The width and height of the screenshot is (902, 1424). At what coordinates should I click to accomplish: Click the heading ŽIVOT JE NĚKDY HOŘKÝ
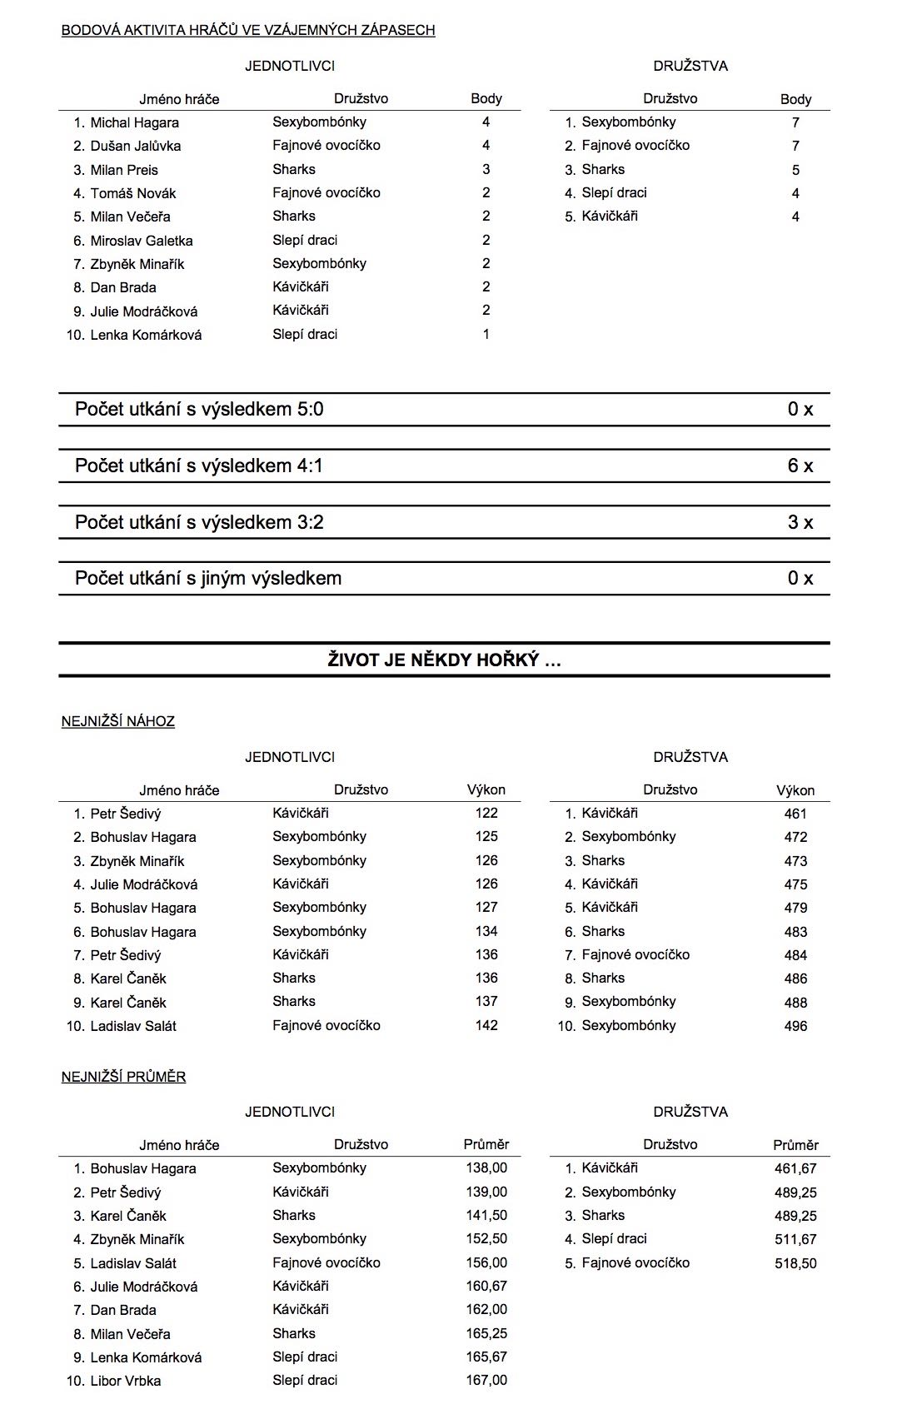444,660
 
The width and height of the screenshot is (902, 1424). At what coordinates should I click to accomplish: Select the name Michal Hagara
134,122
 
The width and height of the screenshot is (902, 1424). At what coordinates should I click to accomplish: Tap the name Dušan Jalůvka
135,146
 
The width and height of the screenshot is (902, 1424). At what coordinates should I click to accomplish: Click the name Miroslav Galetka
142,241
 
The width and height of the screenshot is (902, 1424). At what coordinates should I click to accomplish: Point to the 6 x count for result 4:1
800,466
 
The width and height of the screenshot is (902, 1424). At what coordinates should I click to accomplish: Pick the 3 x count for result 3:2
800,522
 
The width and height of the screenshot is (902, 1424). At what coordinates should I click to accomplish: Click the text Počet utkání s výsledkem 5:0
199,409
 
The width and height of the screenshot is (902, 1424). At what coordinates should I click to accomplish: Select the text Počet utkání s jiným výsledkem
208,578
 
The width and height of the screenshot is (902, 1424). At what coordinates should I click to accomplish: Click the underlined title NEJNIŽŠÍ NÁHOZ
118,721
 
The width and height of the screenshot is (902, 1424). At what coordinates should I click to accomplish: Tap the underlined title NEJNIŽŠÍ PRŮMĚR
123,1077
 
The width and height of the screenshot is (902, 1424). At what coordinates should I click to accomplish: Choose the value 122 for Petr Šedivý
486,814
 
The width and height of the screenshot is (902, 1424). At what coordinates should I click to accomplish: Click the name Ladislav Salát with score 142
133,1026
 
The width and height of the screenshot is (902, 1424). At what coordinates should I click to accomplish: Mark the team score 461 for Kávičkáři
795,814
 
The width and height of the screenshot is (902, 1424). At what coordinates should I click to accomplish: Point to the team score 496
795,1026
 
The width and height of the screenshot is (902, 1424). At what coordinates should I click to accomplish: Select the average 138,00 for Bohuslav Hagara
486,1168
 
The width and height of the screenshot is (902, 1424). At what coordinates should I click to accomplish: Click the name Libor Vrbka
126,1381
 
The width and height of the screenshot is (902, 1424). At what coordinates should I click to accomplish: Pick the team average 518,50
795,1263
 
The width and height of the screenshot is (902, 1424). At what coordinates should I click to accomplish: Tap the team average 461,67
795,1168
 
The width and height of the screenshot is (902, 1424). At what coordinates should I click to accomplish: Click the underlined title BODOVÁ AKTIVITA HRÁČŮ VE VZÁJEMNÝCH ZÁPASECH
248,30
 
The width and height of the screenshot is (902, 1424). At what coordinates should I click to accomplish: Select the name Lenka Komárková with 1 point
146,335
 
